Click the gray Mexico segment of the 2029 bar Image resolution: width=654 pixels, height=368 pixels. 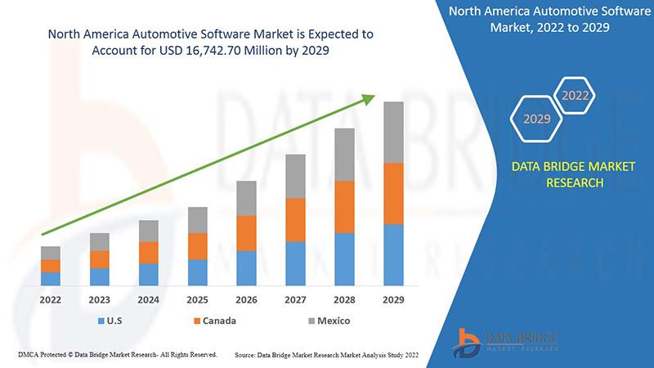click(393, 132)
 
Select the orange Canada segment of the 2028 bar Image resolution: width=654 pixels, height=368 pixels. click(344, 207)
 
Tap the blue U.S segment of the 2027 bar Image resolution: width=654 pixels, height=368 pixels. click(295, 263)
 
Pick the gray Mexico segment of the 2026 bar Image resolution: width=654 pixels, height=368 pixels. click(246, 198)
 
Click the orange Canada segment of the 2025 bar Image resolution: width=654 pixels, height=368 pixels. click(197, 246)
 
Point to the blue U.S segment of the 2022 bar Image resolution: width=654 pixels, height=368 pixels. click(51, 278)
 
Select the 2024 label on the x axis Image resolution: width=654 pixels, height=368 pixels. click(148, 300)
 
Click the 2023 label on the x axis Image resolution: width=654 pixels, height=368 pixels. click(100, 300)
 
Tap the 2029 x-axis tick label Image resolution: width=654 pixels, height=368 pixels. click(393, 300)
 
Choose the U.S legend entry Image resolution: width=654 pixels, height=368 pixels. click(112, 321)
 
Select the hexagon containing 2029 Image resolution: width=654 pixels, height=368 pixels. click(537, 119)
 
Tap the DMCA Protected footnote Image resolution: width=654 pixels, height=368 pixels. click(117, 355)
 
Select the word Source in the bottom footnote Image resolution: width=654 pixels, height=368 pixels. click(248, 356)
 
